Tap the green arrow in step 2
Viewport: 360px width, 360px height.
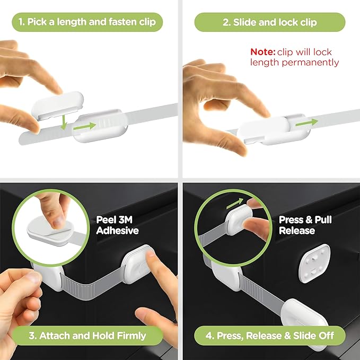[x=306, y=122]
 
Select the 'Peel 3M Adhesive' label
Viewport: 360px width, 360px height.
[x=117, y=225]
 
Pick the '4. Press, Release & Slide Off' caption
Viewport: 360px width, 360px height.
[x=270, y=336]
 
